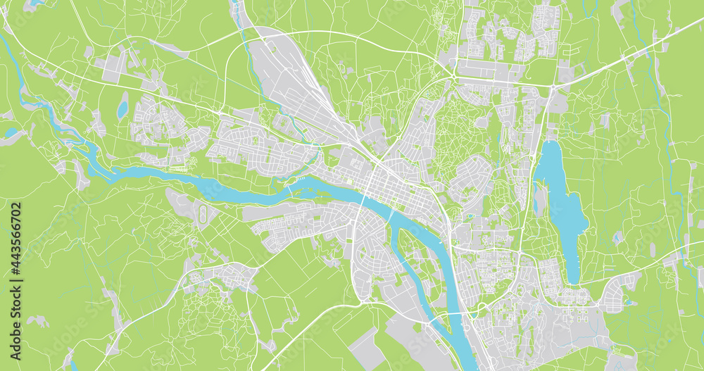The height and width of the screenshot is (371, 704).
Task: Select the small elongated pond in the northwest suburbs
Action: pyautogui.click(x=123, y=108)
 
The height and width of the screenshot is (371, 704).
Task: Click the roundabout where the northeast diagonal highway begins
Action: pyautogui.click(x=553, y=86)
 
